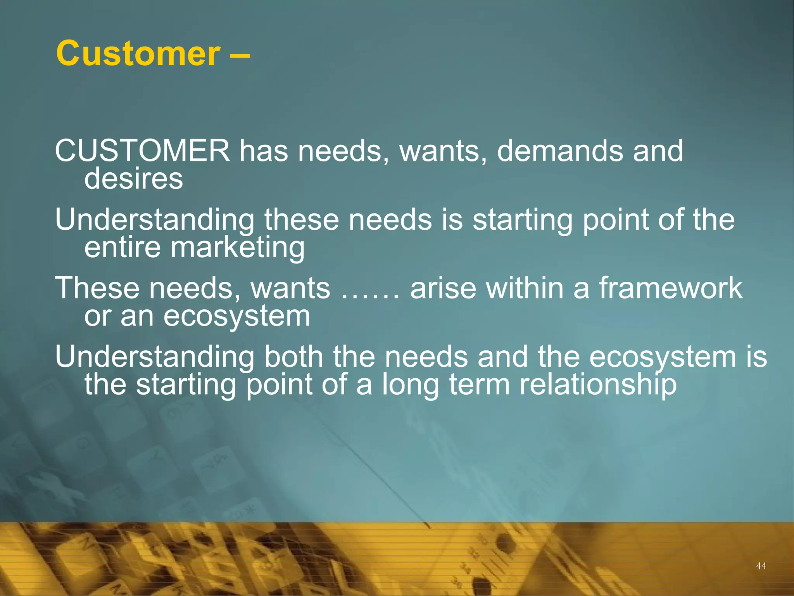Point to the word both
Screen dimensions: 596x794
pyautogui.click(x=293, y=357)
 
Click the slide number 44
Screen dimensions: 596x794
pyautogui.click(x=761, y=566)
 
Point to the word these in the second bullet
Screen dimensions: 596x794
pyautogui.click(x=302, y=220)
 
